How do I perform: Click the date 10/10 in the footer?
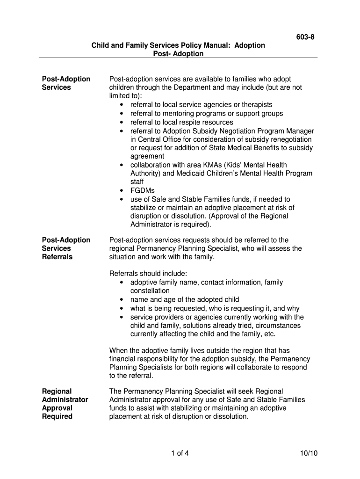click(309, 453)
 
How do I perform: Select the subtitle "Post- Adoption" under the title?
click(178, 54)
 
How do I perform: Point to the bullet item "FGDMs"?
click(142, 190)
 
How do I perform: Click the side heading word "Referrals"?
click(58, 257)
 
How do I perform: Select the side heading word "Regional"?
click(57, 391)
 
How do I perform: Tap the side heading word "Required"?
click(58, 416)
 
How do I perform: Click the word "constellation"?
click(150, 291)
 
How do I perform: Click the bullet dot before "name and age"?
click(122, 299)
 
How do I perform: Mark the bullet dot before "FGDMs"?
click(122, 190)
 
